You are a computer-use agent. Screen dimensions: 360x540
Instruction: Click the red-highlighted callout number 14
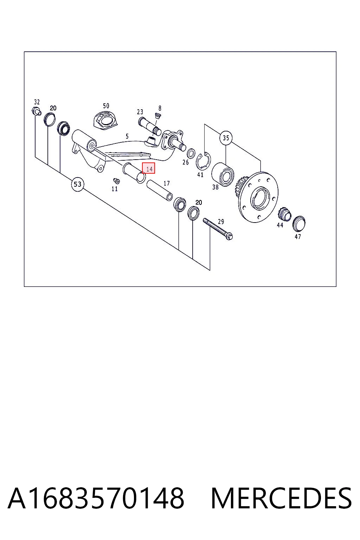[x=148, y=168]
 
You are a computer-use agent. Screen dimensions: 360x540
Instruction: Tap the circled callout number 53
[x=77, y=185]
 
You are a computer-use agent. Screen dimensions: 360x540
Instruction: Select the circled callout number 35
[x=226, y=138]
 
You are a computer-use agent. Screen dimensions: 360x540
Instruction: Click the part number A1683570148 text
[x=96, y=498]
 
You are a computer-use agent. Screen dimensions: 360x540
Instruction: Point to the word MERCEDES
[x=281, y=498]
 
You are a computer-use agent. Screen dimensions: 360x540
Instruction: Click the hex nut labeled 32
[x=36, y=111]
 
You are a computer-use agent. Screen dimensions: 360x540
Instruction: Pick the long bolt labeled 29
[x=218, y=229]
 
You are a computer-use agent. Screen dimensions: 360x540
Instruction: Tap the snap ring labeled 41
[x=203, y=161]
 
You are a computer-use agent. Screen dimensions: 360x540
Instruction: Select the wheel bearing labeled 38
[x=222, y=174]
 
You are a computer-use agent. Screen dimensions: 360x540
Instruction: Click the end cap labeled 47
[x=299, y=224]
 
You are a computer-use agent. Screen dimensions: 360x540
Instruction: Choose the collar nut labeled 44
[x=285, y=214]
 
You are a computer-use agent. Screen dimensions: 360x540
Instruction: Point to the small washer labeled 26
[x=191, y=154]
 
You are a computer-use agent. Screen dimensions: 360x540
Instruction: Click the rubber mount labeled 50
[x=106, y=121]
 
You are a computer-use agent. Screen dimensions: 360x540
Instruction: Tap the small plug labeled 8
[x=157, y=116]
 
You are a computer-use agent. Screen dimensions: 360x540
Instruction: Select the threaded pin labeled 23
[x=150, y=126]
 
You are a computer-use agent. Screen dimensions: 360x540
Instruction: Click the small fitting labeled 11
[x=116, y=181]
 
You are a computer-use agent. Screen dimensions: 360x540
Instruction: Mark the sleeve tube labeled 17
[x=159, y=190]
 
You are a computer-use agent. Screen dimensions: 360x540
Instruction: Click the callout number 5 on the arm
[x=127, y=136]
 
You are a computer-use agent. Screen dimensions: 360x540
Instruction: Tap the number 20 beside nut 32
[x=53, y=108]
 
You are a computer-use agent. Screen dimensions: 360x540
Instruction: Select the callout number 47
[x=298, y=237]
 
